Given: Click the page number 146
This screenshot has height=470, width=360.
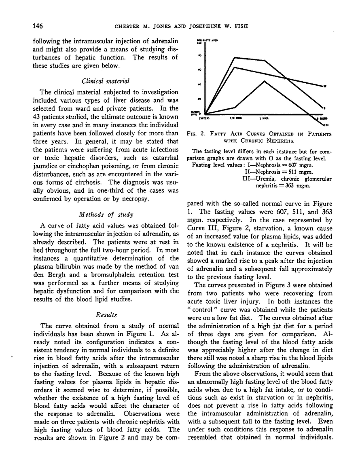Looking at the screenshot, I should click(x=38, y=27).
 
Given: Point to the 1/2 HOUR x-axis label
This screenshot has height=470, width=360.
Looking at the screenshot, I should click(x=235, y=119).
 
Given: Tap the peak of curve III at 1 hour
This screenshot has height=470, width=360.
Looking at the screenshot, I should click(x=265, y=81).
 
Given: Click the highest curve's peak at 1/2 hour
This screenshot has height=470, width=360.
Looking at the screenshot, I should click(x=235, y=57).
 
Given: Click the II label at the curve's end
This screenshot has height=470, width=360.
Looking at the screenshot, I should click(x=325, y=86).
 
